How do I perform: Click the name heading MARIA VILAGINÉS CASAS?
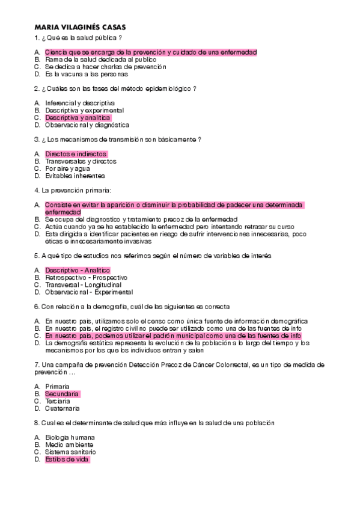pos(80,28)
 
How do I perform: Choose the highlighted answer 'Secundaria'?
pos(62,393)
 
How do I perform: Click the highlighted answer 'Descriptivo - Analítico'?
pos(78,270)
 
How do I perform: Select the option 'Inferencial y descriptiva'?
pos(79,103)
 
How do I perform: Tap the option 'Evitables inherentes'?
pos(75,176)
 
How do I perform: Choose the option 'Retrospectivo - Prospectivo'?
pos(86,277)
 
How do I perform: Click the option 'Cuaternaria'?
pos(63,408)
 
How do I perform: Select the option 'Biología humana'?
pos(70,437)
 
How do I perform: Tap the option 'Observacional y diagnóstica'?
pos(87,125)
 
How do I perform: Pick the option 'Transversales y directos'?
pos(81,161)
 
